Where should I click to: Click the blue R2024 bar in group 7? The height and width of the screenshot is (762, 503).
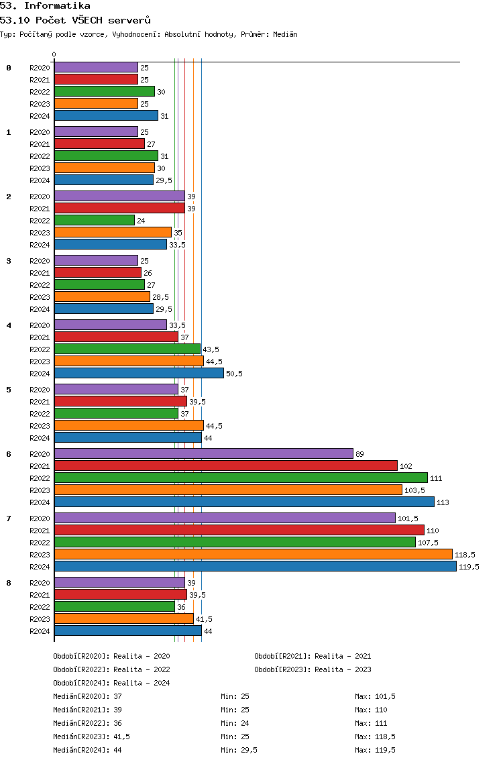(x=256, y=567)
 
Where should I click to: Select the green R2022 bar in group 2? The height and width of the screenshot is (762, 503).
(x=95, y=220)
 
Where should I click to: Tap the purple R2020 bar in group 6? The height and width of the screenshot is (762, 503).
(x=204, y=454)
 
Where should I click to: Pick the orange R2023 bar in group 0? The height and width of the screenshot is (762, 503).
(x=96, y=103)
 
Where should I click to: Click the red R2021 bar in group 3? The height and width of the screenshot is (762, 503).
(x=98, y=272)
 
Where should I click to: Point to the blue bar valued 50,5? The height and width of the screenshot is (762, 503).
(x=139, y=373)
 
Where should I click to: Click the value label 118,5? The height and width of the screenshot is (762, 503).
(x=465, y=555)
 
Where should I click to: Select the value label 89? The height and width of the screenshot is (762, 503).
(x=359, y=454)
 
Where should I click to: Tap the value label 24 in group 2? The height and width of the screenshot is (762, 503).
(x=141, y=221)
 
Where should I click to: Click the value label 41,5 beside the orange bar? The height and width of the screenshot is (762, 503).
(x=204, y=619)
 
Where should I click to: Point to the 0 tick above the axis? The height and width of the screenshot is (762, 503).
(x=54, y=54)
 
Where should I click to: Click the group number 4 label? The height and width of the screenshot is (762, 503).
(x=9, y=325)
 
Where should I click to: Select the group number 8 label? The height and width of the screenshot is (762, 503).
(x=9, y=583)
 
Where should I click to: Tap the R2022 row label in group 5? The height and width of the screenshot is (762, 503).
(x=40, y=414)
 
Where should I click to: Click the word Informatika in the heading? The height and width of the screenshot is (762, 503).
(x=57, y=6)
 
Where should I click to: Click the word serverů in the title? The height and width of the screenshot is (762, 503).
(x=129, y=20)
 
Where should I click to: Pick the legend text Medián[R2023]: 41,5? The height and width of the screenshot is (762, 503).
(x=91, y=737)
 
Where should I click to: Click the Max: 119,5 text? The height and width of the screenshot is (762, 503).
(x=375, y=751)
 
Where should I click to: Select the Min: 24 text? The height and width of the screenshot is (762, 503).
(x=235, y=723)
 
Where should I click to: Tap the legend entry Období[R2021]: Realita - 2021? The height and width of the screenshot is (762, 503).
(x=313, y=656)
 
